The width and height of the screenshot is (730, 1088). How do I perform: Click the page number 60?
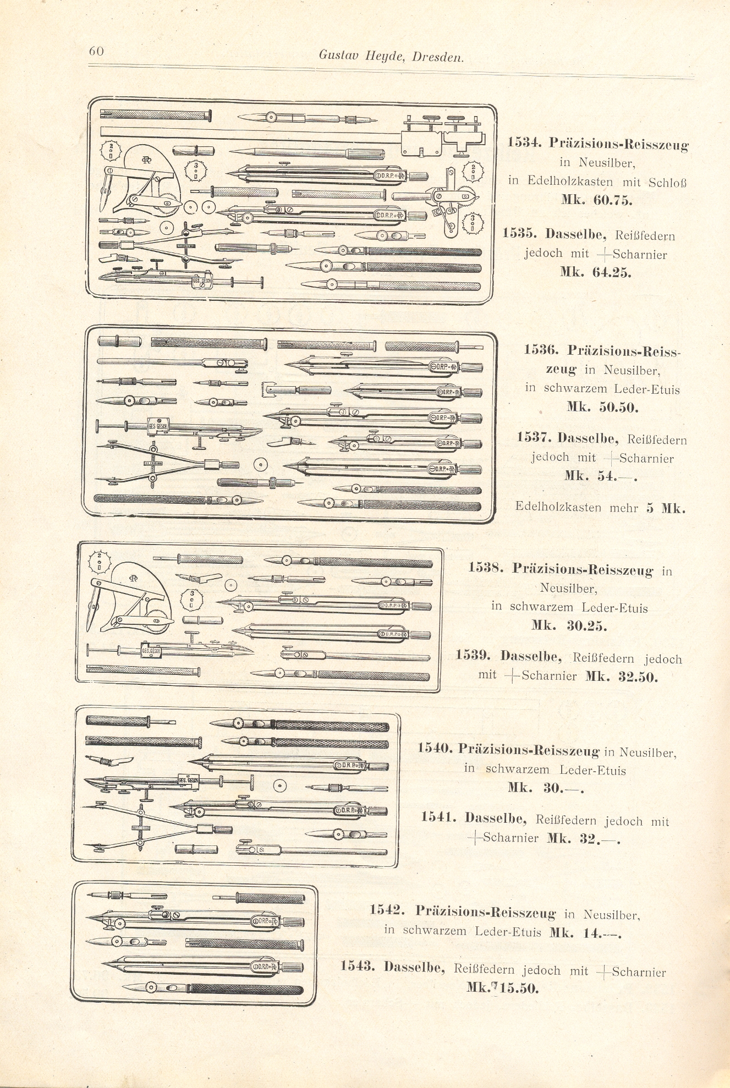tap(96, 51)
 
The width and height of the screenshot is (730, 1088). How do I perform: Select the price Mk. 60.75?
tap(596, 200)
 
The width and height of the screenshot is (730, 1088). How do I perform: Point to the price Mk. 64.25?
tap(595, 272)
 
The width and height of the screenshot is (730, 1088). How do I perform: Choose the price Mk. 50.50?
tap(602, 408)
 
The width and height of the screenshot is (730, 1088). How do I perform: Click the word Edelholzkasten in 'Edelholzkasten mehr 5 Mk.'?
tap(558, 507)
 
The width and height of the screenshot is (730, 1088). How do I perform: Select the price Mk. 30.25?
tap(569, 625)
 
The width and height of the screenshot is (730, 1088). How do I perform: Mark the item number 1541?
tap(438, 817)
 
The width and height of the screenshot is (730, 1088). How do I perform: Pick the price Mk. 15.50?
tap(502, 987)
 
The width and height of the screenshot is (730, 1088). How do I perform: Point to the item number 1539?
tap(474, 656)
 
